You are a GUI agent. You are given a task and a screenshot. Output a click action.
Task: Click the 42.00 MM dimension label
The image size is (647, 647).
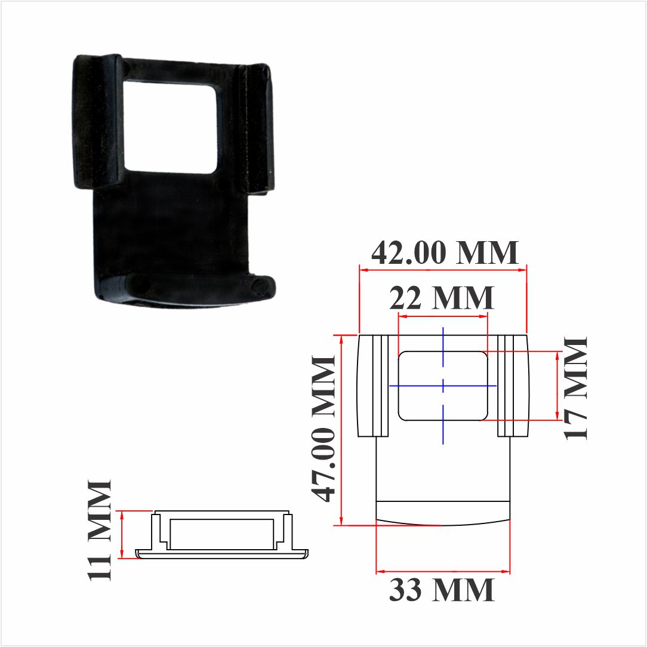coord(445,253)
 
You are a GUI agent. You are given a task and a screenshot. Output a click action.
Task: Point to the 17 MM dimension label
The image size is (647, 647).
coord(577,388)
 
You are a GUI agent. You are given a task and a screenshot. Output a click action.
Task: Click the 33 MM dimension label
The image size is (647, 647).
coord(442,590)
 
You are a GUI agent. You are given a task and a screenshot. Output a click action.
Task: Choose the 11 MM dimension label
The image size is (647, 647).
coord(100,529)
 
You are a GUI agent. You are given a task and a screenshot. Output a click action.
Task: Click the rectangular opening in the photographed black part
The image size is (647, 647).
coord(169,126)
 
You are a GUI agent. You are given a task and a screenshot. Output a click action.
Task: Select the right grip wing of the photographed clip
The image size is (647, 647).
coord(253,128)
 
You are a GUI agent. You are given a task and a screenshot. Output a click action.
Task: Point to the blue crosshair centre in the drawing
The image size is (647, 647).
coord(443,386)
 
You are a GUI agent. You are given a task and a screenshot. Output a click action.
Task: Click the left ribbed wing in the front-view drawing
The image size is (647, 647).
coord(373,386)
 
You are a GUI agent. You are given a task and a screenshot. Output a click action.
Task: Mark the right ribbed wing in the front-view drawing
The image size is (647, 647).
coord(513,386)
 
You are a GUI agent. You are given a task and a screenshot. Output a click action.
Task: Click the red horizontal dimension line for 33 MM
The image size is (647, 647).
coord(443,572)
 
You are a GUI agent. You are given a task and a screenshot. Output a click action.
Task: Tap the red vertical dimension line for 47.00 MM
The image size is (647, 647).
coord(341,430)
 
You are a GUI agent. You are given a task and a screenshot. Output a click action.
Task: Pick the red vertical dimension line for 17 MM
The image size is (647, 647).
coord(557,386)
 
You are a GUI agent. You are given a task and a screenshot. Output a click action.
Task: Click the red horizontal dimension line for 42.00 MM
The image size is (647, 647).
coord(443,270)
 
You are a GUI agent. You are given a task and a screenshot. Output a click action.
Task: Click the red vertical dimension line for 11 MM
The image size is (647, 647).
coord(122,534)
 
